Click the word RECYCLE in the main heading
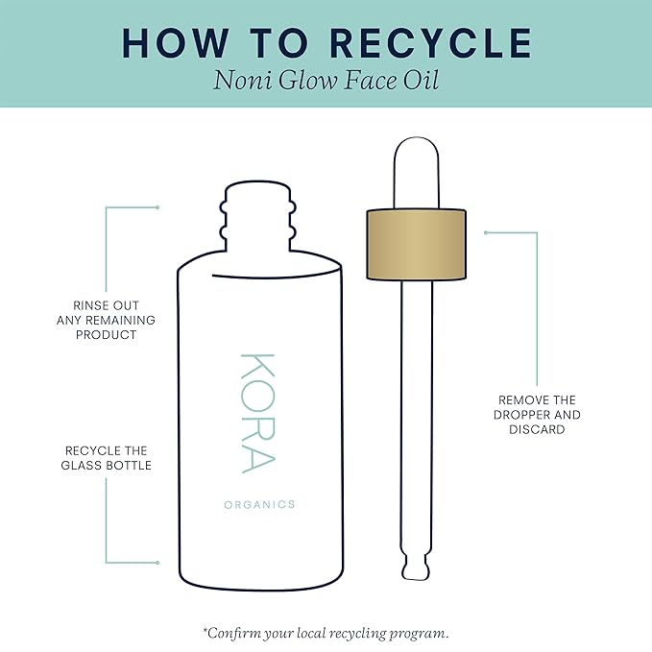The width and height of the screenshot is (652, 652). pyautogui.click(x=431, y=43)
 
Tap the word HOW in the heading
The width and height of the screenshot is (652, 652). pyautogui.click(x=176, y=43)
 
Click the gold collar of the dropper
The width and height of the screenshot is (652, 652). pyautogui.click(x=416, y=244)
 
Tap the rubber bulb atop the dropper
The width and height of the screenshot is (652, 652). pyautogui.click(x=416, y=173)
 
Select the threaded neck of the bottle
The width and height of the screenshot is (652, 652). pyautogui.click(x=257, y=216)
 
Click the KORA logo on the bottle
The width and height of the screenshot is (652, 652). pyautogui.click(x=257, y=413)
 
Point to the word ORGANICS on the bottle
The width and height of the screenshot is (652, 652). pyautogui.click(x=259, y=505)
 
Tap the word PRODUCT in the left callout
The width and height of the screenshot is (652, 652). pyautogui.click(x=106, y=335)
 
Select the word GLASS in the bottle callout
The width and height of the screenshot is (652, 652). pyautogui.click(x=81, y=466)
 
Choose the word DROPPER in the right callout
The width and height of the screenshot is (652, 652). pyautogui.click(x=521, y=415)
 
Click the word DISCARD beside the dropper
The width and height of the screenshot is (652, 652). pyautogui.click(x=537, y=429)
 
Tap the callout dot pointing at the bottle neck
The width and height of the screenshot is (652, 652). pyautogui.click(x=157, y=207)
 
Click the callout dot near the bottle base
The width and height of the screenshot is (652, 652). pyautogui.click(x=157, y=563)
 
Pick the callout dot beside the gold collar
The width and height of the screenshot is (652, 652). pyautogui.click(x=486, y=232)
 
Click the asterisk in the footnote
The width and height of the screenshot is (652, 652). pyautogui.click(x=205, y=630)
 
